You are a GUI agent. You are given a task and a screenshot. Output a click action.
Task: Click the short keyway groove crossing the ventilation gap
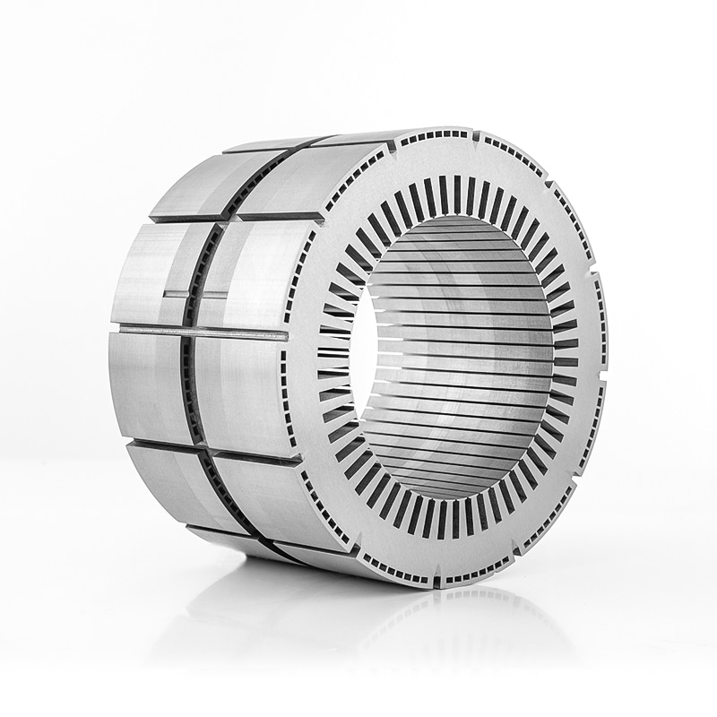pos(203,293)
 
